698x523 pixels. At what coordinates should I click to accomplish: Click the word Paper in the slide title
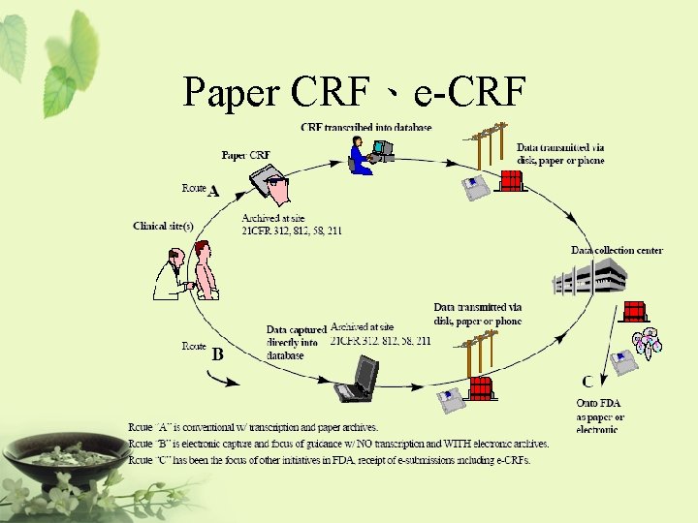click(230, 92)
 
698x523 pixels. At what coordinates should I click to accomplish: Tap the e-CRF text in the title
click(469, 92)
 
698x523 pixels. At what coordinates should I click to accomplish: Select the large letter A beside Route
click(213, 191)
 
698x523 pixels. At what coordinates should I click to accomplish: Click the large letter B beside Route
click(217, 354)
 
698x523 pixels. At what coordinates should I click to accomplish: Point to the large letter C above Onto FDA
click(587, 382)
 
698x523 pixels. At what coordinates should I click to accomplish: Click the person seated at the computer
click(362, 155)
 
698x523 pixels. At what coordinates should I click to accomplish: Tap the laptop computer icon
click(359, 379)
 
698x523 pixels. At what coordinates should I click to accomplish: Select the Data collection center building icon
click(588, 279)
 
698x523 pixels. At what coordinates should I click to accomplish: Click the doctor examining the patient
click(172, 273)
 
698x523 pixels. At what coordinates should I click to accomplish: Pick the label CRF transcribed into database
click(366, 127)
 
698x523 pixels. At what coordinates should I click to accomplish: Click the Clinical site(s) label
click(163, 226)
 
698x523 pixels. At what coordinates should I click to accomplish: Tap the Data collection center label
click(617, 250)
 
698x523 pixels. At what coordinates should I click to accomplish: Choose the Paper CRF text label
click(246, 155)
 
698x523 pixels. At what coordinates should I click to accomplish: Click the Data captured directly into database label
click(296, 342)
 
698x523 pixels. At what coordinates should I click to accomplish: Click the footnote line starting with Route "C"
click(330, 460)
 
